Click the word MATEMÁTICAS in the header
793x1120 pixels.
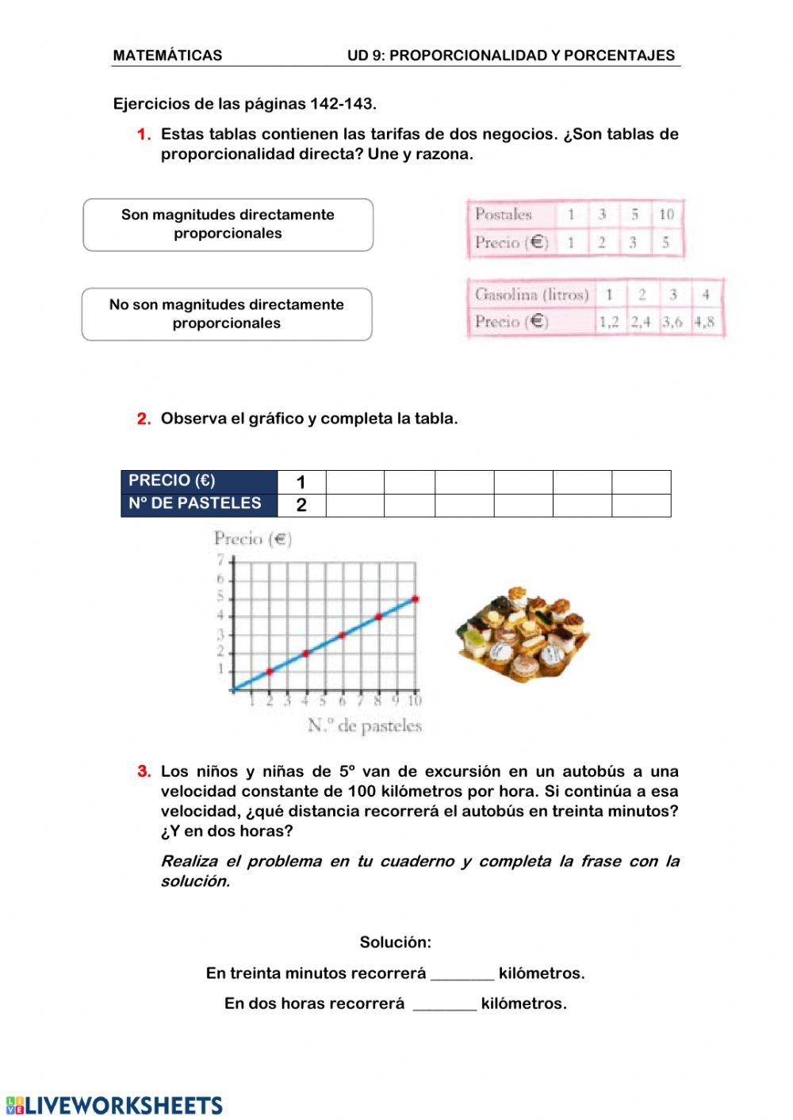click(x=167, y=55)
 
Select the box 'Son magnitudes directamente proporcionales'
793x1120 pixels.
click(x=228, y=224)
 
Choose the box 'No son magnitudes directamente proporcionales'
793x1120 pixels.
click(x=227, y=314)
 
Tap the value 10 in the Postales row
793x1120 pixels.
click(x=666, y=214)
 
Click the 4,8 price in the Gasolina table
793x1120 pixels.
click(x=704, y=322)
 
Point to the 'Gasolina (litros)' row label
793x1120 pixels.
click(x=531, y=295)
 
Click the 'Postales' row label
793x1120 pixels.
click(x=504, y=214)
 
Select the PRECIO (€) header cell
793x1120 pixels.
click(x=198, y=481)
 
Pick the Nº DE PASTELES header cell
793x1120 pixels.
click(x=198, y=504)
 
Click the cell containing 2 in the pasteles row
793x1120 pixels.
click(x=301, y=505)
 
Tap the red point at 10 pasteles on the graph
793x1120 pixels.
click(x=415, y=599)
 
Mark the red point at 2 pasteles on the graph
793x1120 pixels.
click(x=270, y=671)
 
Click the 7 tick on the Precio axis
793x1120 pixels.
click(x=221, y=560)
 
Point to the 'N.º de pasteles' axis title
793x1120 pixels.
click(x=365, y=725)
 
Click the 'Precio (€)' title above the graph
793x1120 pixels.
click(x=253, y=540)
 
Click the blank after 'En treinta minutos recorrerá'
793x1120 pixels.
click(x=462, y=974)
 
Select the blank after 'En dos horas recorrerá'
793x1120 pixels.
click(x=445, y=1004)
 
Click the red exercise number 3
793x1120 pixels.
click(x=144, y=771)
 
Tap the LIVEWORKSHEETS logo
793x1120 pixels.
click(x=115, y=1105)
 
